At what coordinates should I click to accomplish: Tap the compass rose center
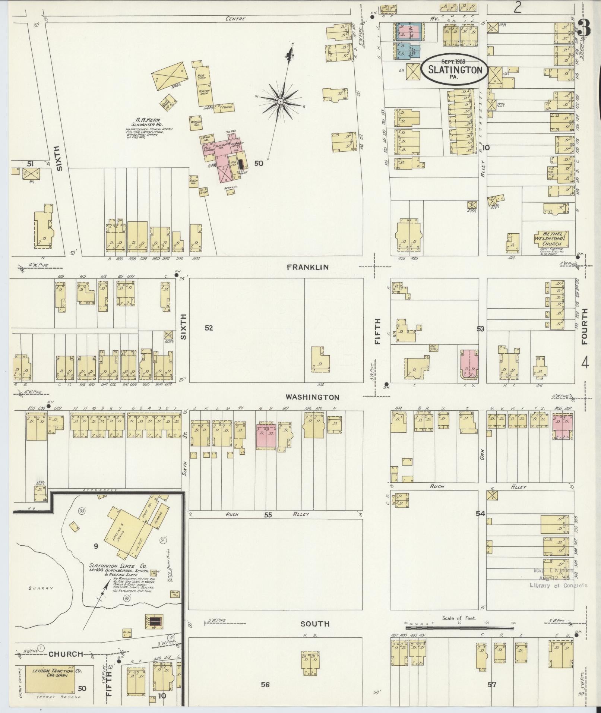280,101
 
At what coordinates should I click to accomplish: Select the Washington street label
313,397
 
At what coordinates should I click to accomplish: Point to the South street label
315,624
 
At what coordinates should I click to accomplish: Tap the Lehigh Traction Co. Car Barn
52,673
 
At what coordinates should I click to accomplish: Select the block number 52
209,328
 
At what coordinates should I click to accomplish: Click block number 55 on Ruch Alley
268,515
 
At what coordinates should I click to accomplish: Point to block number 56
265,685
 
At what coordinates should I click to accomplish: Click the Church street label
66,654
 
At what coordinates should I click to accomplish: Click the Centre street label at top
235,19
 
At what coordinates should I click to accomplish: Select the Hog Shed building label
202,76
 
